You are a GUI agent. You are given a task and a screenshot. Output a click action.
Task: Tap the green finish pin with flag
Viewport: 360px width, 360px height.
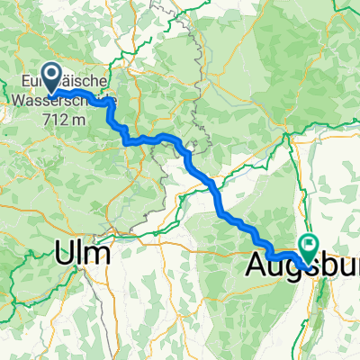(x=310, y=244)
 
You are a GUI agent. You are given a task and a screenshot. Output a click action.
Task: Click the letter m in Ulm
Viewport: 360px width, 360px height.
(x=100, y=254)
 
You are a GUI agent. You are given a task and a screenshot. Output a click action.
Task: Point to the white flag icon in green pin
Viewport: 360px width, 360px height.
(x=310, y=241)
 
